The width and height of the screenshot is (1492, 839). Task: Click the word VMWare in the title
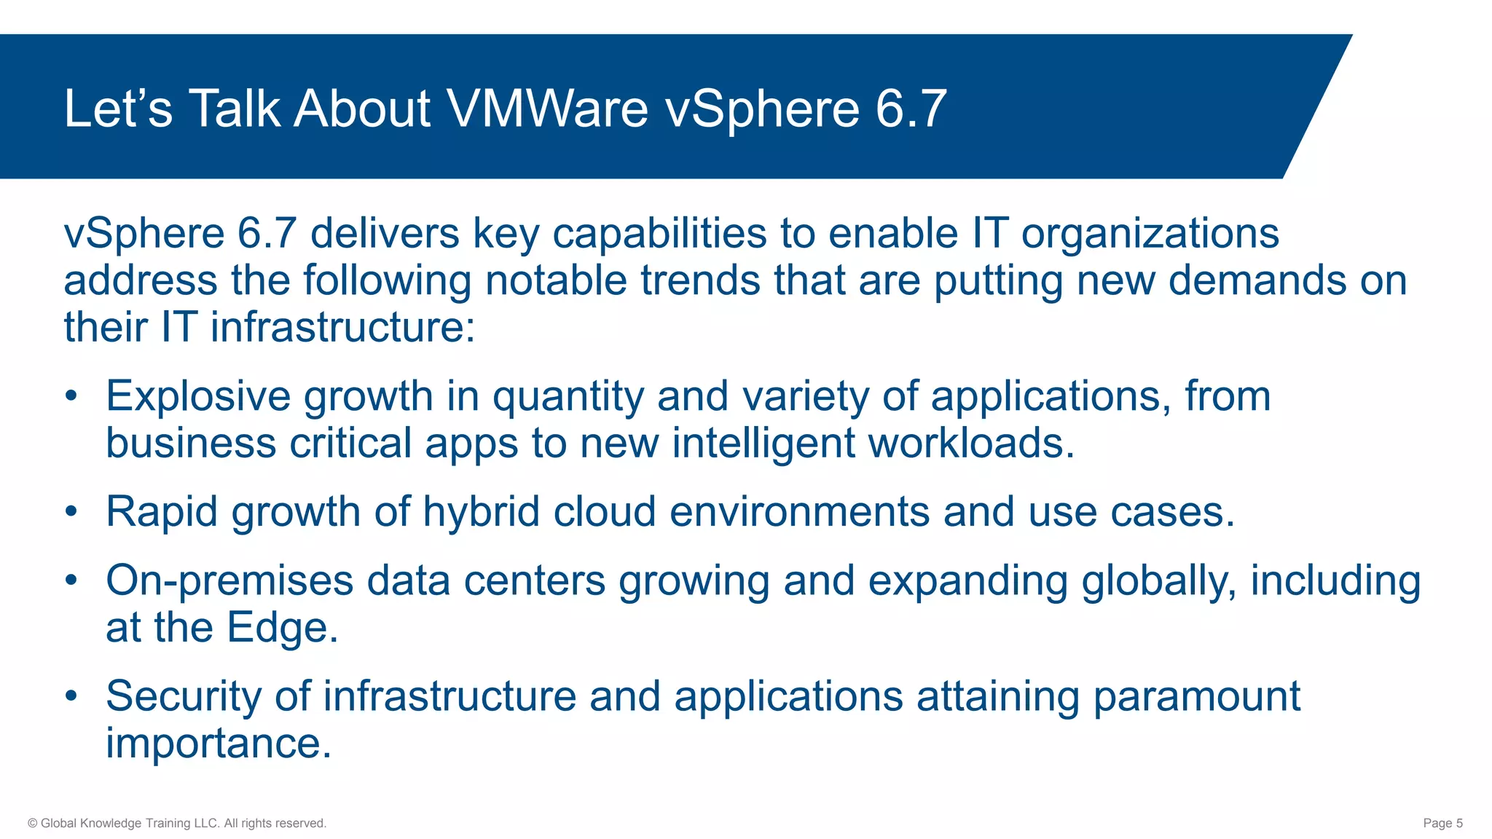547,109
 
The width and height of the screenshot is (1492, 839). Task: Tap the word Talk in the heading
235,109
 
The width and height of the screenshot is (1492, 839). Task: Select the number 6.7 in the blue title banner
911,109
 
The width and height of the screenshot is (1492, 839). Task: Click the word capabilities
659,234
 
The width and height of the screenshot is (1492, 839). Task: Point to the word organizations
1150,234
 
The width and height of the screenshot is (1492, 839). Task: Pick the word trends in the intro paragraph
700,280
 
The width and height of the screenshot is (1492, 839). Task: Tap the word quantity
568,398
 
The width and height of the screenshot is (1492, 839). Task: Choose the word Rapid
162,512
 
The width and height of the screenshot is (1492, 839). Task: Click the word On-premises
229,581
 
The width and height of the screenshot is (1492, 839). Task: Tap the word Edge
282,628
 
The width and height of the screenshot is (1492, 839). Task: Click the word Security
184,696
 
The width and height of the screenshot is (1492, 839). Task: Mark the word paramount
1196,697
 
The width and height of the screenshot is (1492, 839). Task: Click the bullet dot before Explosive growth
71,396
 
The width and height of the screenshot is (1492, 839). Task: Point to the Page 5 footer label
1442,823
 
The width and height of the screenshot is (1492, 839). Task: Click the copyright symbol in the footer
32,823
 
